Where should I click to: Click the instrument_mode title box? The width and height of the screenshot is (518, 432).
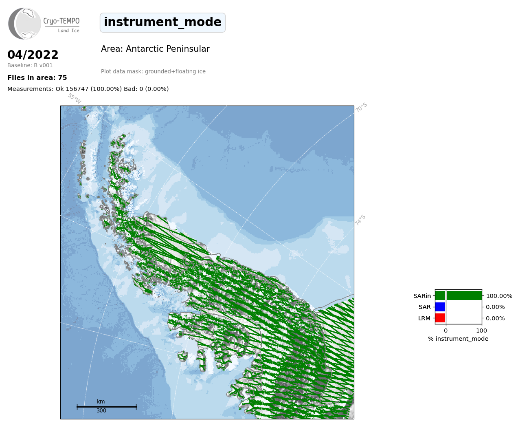(162, 22)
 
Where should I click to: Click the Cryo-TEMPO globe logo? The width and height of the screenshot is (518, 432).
(24, 23)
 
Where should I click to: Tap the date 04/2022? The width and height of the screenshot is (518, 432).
(33, 55)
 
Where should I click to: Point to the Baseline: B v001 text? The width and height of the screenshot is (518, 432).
(30, 65)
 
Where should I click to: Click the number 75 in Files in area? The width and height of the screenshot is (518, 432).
(63, 78)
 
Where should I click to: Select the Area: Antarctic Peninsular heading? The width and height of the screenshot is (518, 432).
(155, 49)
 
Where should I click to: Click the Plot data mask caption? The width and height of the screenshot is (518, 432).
(153, 71)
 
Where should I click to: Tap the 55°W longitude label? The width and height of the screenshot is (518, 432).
(75, 98)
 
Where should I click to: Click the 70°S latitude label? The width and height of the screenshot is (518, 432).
(361, 107)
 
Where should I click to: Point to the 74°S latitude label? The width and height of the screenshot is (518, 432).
(360, 220)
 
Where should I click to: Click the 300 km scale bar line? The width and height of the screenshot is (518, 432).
(107, 407)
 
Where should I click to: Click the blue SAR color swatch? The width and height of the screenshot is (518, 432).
(440, 307)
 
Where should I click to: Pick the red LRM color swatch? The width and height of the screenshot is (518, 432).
(440, 318)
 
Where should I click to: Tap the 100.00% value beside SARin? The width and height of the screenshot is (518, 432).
(499, 296)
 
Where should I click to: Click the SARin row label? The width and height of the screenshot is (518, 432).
(422, 296)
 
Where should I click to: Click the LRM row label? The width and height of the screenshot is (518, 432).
(424, 318)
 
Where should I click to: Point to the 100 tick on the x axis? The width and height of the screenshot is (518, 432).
(481, 331)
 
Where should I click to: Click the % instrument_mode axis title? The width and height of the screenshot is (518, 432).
(458, 339)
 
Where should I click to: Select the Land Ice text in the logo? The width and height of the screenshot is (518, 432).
(69, 31)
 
